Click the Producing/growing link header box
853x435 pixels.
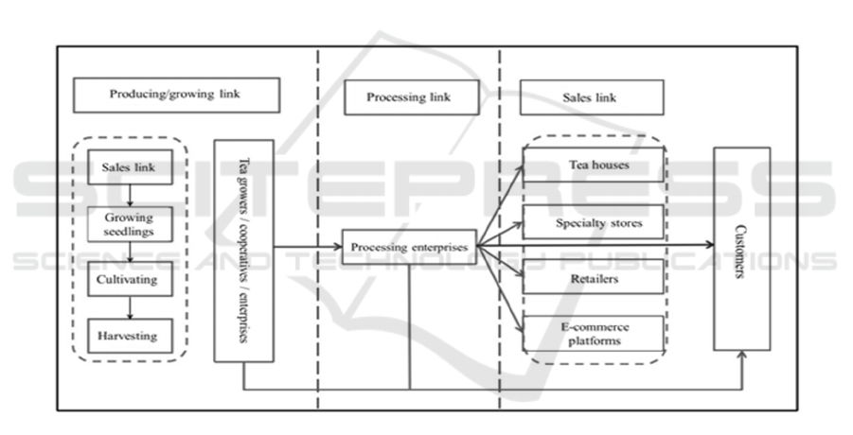tap(176, 95)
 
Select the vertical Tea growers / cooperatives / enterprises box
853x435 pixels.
tap(243, 250)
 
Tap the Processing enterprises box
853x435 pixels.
tap(409, 248)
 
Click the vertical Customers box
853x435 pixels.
tap(741, 248)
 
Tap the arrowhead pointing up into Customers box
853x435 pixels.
tap(743, 356)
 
